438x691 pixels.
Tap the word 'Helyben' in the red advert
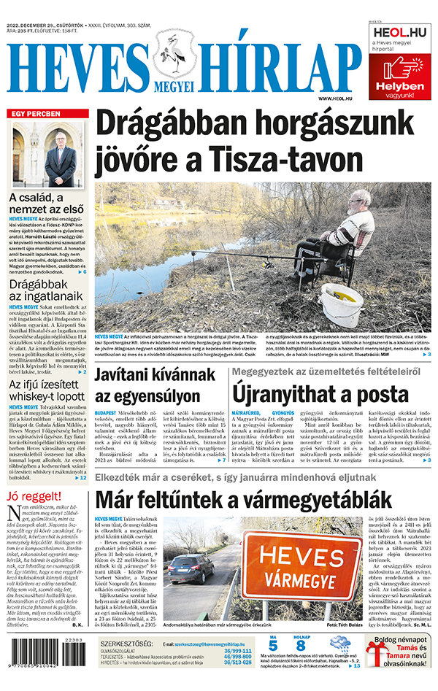pyautogui.click(x=399, y=86)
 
